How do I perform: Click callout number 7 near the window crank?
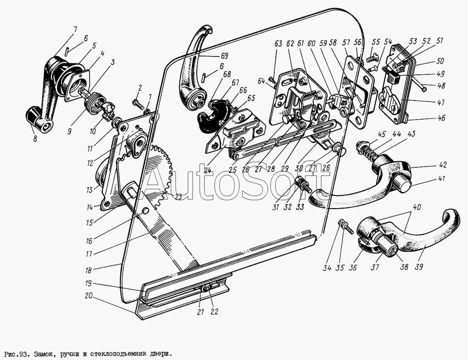[x=75, y=30]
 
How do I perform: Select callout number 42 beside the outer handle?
[x=443, y=165]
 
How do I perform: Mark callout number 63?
[x=278, y=44]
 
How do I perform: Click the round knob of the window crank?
[x=34, y=115]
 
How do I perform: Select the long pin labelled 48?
[x=417, y=85]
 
